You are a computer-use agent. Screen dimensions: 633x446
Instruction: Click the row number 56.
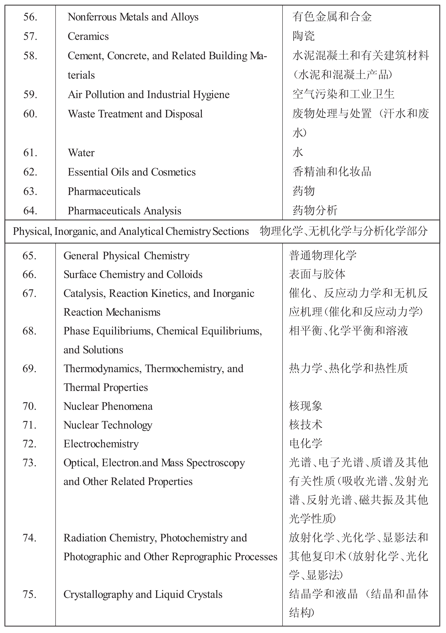tap(30, 17)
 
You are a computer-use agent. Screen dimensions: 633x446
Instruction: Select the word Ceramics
tap(88, 36)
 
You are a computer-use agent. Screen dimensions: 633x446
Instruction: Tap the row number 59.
tap(30, 94)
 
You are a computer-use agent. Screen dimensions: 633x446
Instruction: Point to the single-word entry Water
tap(81, 153)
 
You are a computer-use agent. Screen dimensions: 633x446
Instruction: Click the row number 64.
tap(30, 211)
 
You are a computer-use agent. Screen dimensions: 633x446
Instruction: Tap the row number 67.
tap(29, 293)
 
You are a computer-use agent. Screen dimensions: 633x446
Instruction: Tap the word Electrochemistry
tap(101, 444)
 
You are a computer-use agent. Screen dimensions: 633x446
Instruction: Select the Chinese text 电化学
tap(306, 444)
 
